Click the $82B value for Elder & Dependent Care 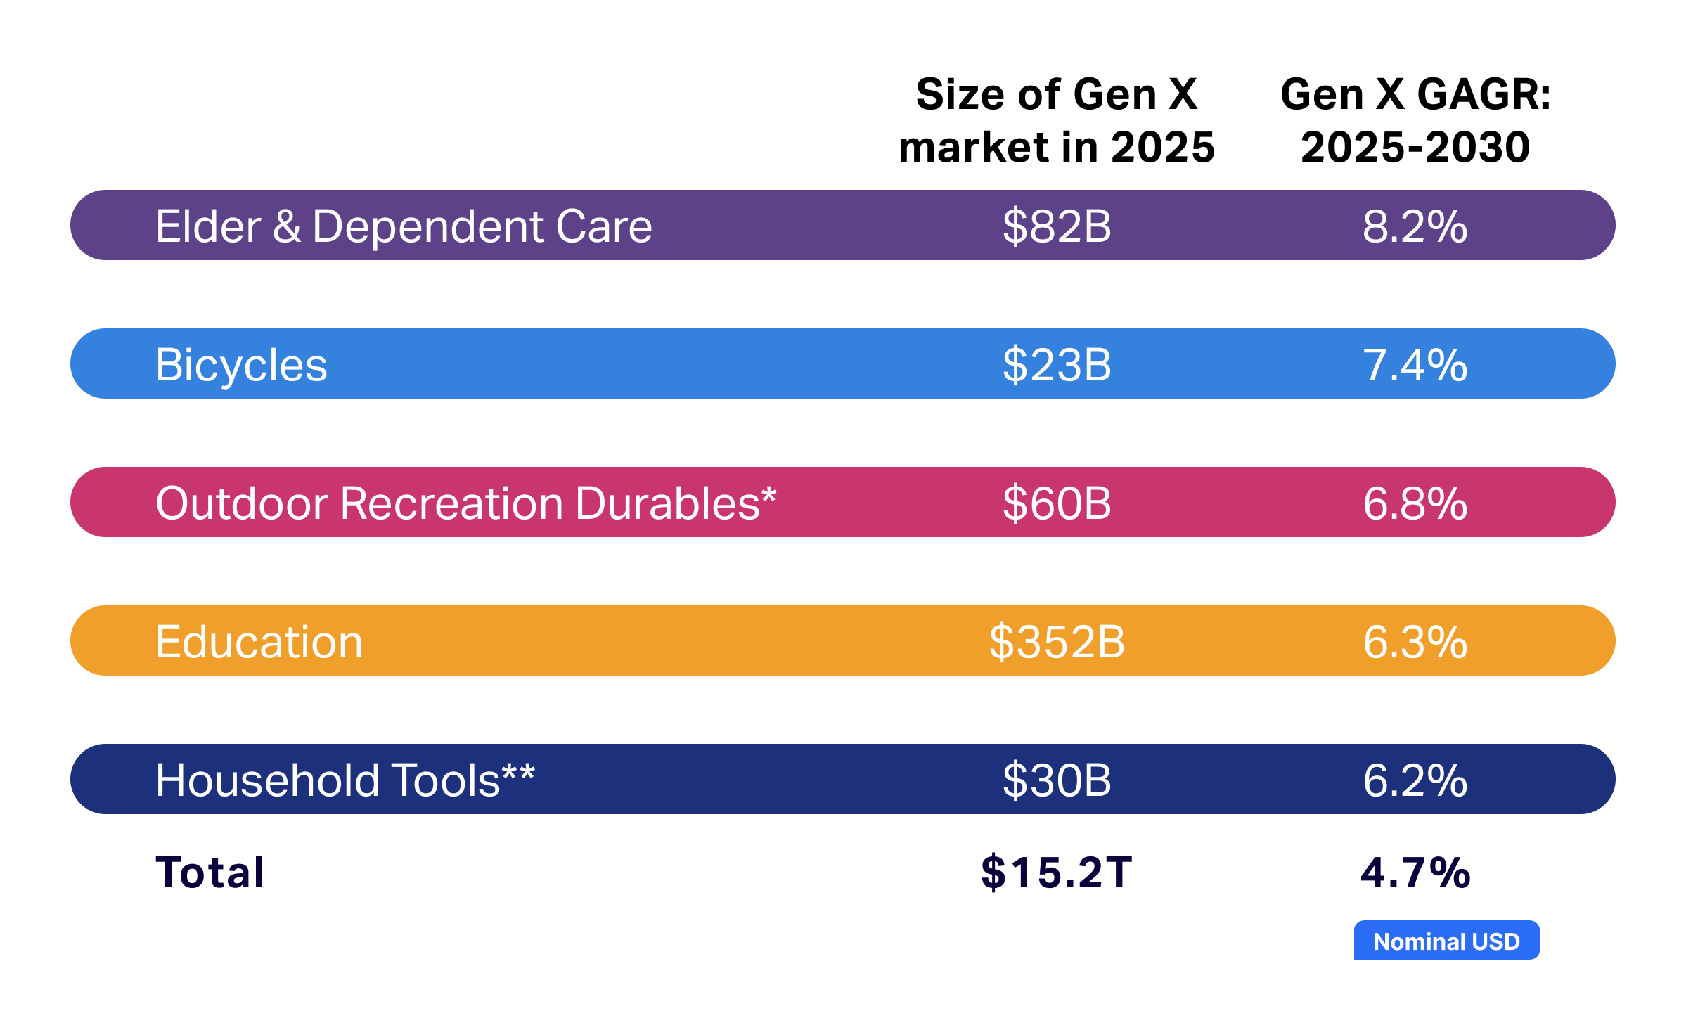click(1056, 226)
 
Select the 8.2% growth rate click(1415, 226)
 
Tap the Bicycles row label click(241, 365)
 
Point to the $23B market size click(1056, 365)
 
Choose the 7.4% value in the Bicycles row click(1415, 365)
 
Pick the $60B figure click(1056, 503)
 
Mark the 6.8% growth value click(1415, 503)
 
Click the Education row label click(259, 642)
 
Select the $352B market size click(1056, 642)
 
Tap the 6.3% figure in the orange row click(1415, 642)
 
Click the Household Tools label click(345, 780)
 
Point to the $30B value click(1056, 780)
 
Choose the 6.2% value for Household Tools click(1415, 780)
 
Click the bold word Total click(210, 873)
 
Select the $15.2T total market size click(1056, 873)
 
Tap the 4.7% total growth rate click(1415, 873)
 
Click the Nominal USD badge click(1446, 941)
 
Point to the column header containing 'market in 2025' click(1056, 121)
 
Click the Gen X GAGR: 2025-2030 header click(1415, 121)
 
